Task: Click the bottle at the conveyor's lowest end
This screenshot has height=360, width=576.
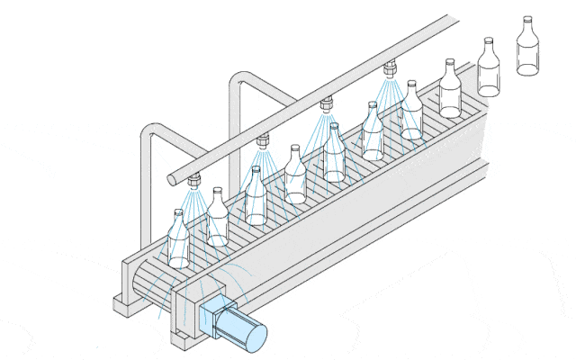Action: click(x=178, y=243)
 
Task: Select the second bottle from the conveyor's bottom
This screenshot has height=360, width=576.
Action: click(x=217, y=220)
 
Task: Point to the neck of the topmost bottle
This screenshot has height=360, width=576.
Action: click(x=526, y=25)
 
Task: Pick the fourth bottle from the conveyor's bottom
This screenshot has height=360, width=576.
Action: click(x=295, y=176)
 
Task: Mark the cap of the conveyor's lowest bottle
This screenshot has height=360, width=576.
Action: click(x=177, y=212)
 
